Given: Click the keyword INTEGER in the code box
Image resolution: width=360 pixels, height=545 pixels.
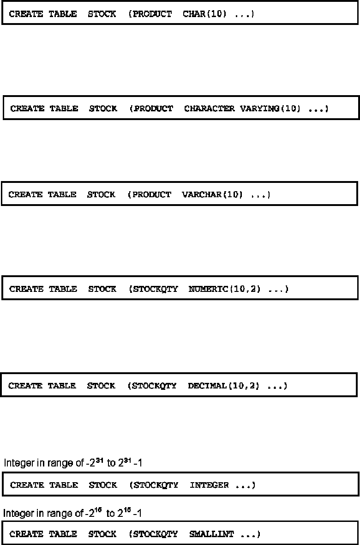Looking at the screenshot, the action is pos(209,485).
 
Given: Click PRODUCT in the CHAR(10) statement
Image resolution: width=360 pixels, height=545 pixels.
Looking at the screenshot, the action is pos(152,14).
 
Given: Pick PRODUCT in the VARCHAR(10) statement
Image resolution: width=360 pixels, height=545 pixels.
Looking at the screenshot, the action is pos(151,194).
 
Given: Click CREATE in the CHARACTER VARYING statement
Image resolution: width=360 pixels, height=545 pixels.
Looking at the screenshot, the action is pos(27,109).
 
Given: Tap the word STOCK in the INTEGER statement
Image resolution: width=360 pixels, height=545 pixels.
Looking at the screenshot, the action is pos(102,485).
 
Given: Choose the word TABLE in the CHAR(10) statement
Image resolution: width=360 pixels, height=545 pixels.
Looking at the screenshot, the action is pos(63,14).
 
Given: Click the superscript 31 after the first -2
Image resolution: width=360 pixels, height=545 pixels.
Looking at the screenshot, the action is pos(90,460).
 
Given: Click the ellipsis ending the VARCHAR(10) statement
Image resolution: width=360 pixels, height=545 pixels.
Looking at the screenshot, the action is pos(260,194).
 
